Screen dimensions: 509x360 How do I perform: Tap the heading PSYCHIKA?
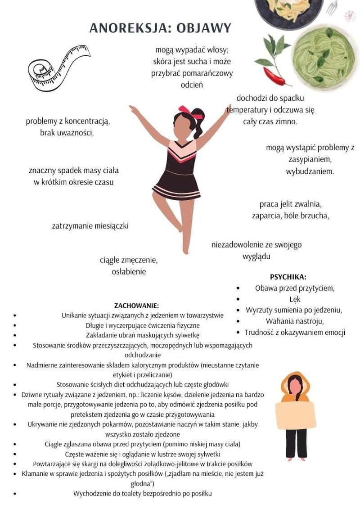(x=288, y=277)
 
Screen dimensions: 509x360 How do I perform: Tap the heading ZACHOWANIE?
(x=136, y=306)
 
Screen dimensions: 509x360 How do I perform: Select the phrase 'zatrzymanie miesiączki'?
(x=90, y=226)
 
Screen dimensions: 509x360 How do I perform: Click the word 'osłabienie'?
(x=129, y=272)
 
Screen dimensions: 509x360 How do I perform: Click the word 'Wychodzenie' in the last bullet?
(x=92, y=493)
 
